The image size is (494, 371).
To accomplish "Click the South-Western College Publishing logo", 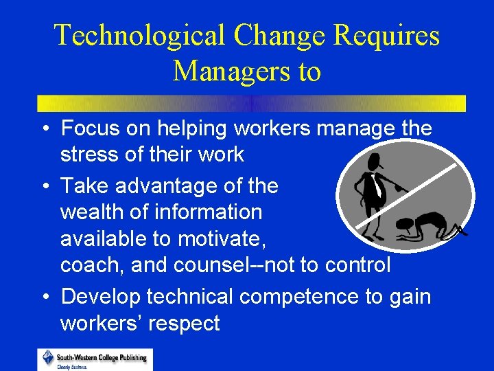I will (95, 359).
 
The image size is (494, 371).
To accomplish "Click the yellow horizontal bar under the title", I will (251, 103).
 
